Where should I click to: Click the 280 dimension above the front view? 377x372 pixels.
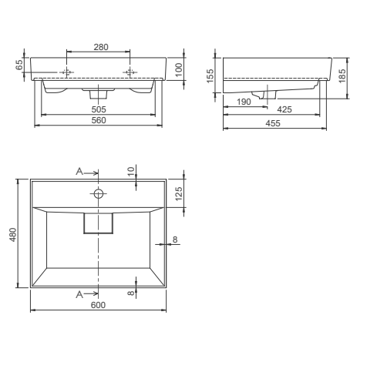(99, 47)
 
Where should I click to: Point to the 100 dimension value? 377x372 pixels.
(179, 69)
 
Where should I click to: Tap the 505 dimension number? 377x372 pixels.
(98, 109)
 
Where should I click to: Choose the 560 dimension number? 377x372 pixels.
(98, 120)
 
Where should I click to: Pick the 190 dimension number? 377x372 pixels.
(244, 101)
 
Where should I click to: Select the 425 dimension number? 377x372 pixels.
(284, 110)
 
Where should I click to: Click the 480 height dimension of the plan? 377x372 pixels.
(13, 234)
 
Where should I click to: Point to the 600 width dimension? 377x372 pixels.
(99, 306)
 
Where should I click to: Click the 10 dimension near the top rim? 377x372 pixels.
(132, 171)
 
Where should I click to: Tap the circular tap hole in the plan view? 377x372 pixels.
(99, 192)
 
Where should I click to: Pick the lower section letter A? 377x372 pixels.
(80, 294)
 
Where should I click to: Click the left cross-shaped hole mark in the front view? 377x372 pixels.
(67, 73)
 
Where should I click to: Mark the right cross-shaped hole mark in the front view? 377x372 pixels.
(130, 73)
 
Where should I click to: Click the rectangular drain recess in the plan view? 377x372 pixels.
(99, 222)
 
